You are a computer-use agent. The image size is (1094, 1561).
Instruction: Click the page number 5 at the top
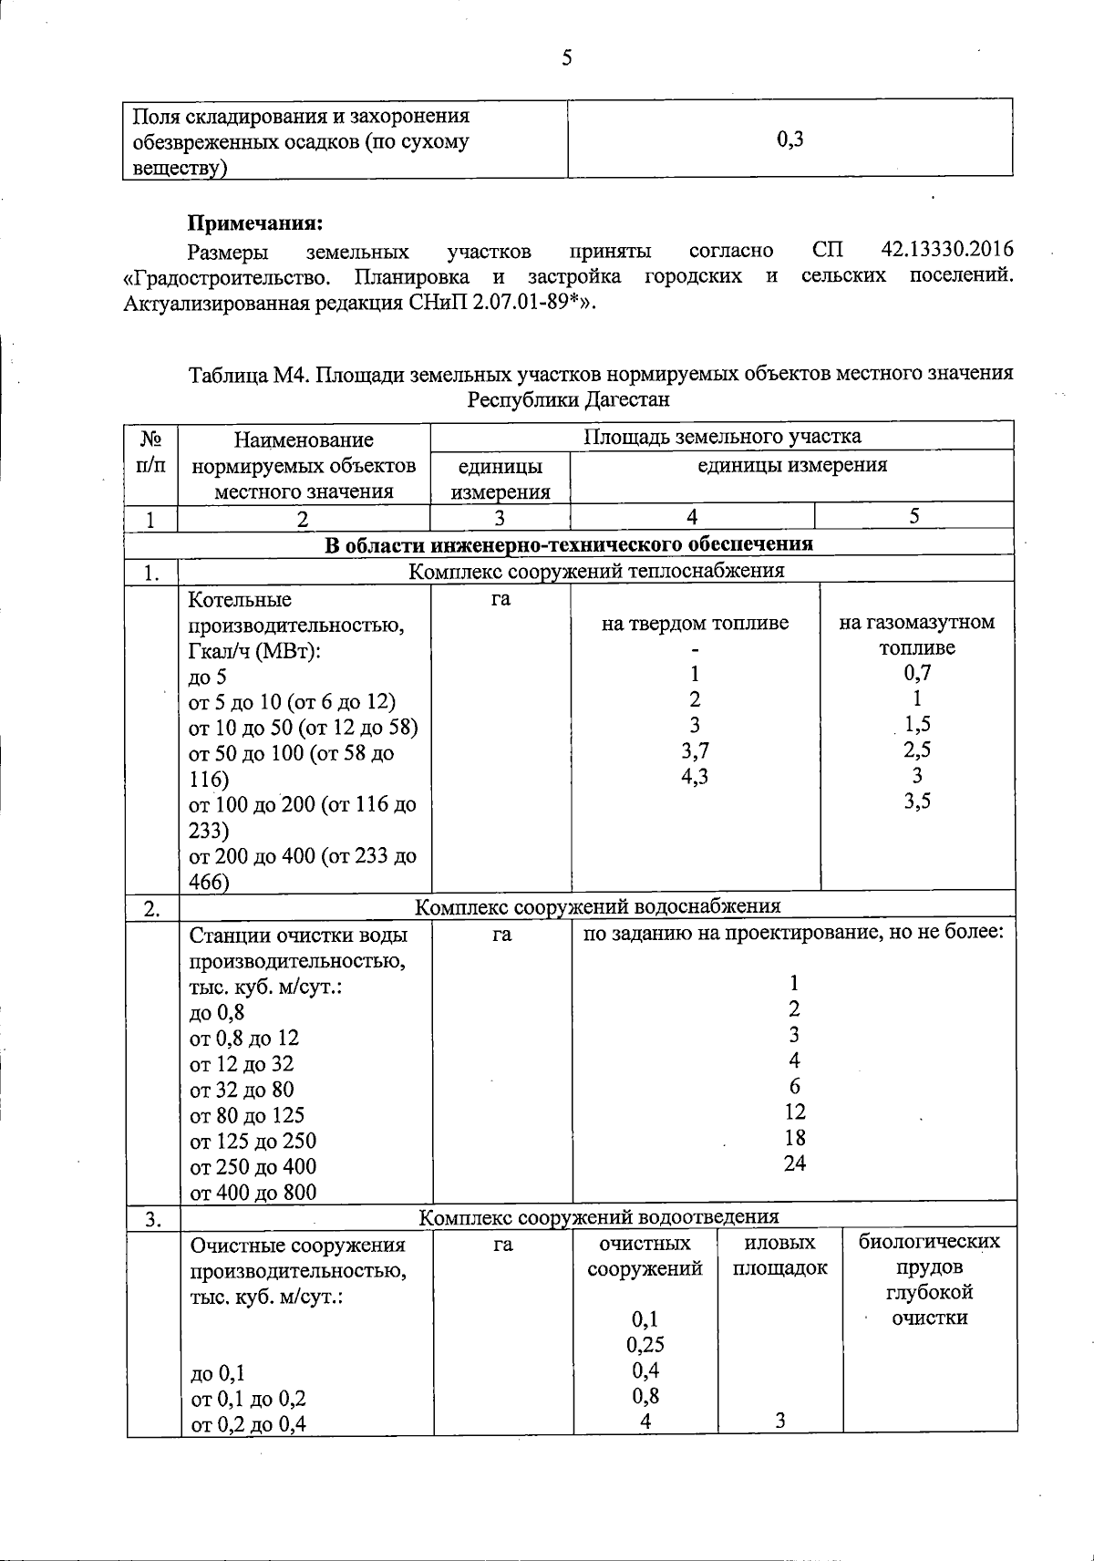566,59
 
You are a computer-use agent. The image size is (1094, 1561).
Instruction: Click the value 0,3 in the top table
790,140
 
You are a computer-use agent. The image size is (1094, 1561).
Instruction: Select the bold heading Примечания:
255,223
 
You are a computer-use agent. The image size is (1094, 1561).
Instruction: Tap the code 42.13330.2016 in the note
947,250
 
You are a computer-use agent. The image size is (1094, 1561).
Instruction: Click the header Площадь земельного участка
722,436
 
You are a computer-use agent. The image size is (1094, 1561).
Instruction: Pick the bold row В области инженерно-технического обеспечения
569,544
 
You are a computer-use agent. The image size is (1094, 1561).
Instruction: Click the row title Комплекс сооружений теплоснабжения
596,571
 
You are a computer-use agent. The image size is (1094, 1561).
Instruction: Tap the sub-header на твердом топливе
695,624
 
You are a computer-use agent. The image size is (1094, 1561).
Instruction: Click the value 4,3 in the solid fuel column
695,776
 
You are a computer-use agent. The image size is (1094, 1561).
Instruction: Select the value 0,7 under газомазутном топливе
916,673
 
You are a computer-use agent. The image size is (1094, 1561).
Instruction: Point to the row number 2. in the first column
152,908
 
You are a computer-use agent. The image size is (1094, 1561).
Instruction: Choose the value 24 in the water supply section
794,1163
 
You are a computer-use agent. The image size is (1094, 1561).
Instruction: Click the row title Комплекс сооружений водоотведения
598,1217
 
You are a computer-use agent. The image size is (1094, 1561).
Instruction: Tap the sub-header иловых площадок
779,1256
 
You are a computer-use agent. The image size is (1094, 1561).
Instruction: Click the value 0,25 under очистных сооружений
645,1345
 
